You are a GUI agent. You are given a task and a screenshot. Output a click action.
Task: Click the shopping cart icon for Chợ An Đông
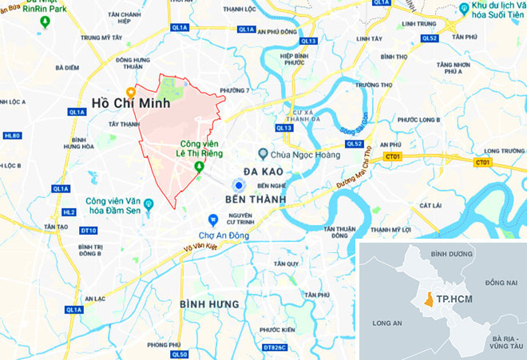pos(212,220)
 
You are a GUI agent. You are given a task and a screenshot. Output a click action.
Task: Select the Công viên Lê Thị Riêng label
pos(199,148)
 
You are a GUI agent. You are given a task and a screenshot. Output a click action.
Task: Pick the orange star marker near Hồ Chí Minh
pos(131,91)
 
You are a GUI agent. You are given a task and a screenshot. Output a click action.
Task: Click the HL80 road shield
pos(12,136)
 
